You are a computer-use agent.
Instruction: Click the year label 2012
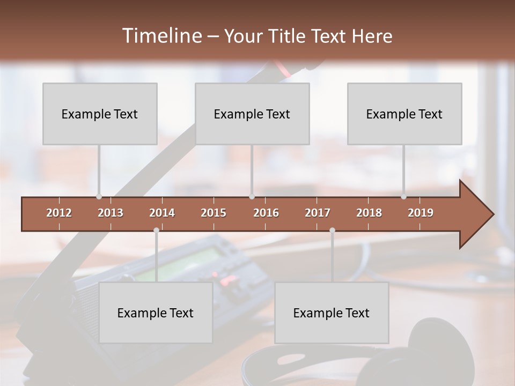coord(59,213)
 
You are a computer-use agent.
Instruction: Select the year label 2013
coord(111,213)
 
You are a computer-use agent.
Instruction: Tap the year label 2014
coord(162,213)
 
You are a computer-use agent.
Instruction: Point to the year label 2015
coord(214,213)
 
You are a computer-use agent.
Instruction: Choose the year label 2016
coord(266,213)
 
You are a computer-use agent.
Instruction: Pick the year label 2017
coord(318,213)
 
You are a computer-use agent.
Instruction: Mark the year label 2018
coord(369,213)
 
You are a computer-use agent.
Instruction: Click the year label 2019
coord(421,213)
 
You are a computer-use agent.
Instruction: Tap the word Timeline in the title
coord(161,36)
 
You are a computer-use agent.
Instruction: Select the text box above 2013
coord(100,114)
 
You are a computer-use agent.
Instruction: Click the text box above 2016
coord(252,114)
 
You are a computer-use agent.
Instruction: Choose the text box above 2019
coord(404,114)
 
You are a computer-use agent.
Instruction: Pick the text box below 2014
coord(156,313)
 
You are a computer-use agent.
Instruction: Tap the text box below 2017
coord(332,313)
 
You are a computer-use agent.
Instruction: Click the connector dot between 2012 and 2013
coord(99,196)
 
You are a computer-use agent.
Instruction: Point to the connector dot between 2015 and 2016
coord(252,196)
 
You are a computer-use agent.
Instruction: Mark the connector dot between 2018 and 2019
coord(403,196)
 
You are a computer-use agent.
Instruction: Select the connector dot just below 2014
coord(156,230)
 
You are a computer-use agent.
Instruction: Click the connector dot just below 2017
coord(332,230)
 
